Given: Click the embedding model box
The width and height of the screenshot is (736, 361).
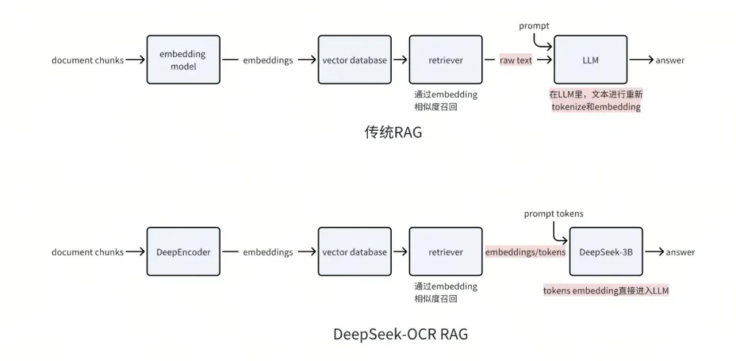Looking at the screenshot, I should pos(183,60).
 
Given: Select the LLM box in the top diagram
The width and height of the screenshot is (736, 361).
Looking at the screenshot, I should pos(591,60).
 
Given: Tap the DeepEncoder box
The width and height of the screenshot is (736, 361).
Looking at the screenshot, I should pos(183,252).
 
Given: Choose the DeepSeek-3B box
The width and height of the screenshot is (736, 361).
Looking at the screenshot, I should pos(606,252).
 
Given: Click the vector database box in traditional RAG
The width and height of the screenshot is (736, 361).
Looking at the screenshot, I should pos(354,60).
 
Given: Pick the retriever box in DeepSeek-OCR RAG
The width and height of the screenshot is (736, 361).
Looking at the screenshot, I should pos(446,252).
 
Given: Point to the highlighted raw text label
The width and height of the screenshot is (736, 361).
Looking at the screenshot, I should pos(516,60).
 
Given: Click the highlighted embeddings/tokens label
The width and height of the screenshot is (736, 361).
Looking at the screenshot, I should pos(525,252).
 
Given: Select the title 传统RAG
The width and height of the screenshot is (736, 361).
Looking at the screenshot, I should pos(394,132).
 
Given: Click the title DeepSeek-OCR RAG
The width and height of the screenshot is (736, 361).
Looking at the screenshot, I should pos(401,334).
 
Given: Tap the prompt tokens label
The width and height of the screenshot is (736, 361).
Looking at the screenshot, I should pos(553,214).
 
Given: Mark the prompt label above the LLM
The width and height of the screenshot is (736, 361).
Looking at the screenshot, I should pos(534,26).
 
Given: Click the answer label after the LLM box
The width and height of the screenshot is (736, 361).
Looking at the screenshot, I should pos(670,60).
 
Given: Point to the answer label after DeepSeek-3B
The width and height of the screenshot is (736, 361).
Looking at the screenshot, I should pos(680,252).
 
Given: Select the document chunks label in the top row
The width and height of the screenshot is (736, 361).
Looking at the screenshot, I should pos(88,60).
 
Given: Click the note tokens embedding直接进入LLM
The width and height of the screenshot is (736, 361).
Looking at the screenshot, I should pos(606,291).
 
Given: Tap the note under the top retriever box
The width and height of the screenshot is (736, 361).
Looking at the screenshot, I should pos(446,100).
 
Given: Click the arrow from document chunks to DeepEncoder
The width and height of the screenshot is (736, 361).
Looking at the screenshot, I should pos(136,252).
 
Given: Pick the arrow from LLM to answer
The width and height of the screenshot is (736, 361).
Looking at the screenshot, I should pos(641,60).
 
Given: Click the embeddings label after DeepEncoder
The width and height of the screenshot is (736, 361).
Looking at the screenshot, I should pos(268,252).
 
